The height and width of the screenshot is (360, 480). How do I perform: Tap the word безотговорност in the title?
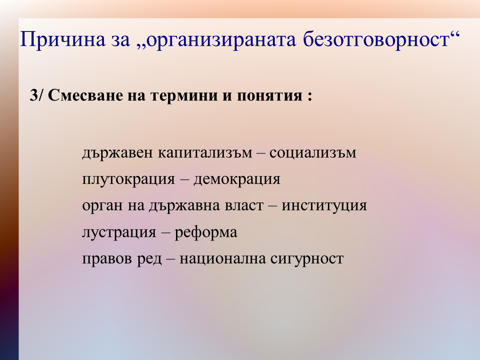click(x=376, y=39)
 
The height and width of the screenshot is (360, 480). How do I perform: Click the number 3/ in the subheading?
click(x=37, y=95)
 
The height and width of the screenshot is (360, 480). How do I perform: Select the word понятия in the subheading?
click(x=269, y=96)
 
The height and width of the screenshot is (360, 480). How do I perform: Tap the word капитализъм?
click(x=205, y=152)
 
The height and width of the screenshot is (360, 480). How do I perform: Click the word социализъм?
click(x=313, y=152)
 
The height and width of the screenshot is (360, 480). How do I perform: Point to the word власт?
click(x=244, y=205)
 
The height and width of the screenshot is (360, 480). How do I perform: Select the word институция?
click(x=324, y=206)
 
